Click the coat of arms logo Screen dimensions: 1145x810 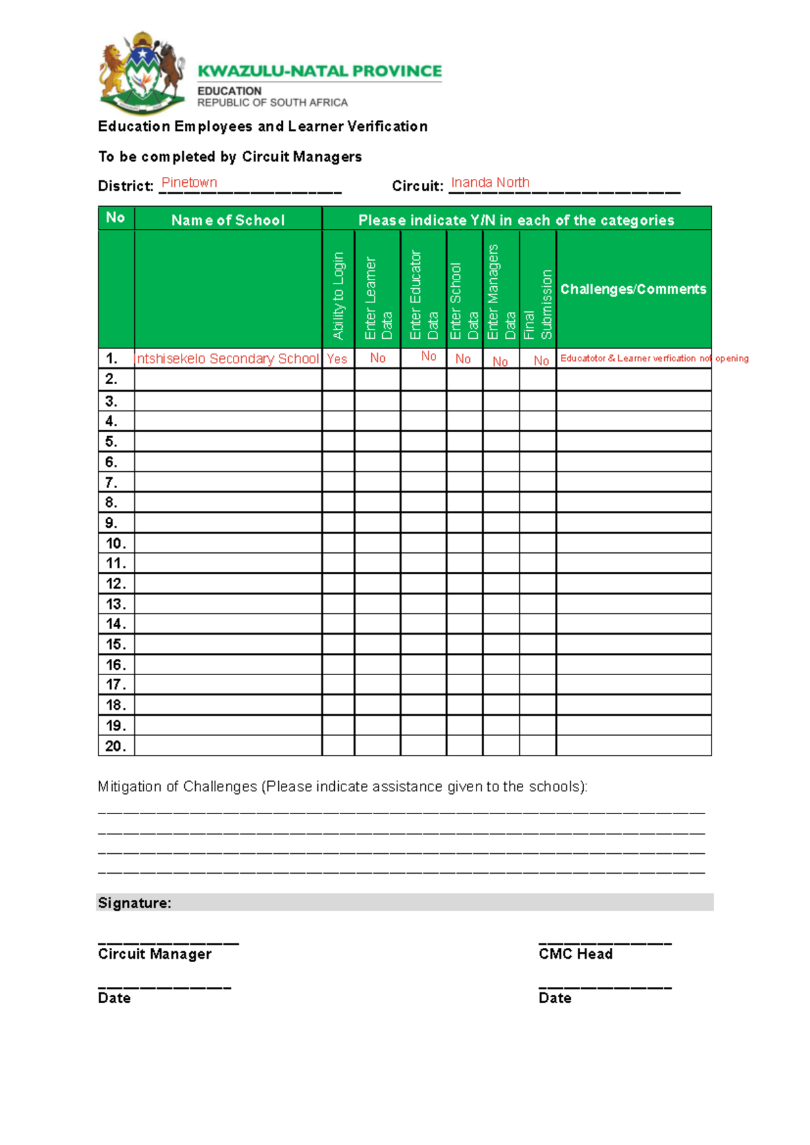point(142,73)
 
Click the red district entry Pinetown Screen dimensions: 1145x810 point(189,183)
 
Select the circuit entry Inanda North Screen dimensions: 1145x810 point(490,183)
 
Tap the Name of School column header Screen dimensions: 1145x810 point(227,220)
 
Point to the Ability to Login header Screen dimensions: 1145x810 point(338,295)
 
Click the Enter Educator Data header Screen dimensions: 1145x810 point(423,295)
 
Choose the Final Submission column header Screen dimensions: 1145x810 point(538,304)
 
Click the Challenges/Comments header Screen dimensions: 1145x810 point(633,289)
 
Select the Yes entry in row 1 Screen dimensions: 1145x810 point(337,359)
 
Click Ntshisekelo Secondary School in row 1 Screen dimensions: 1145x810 point(227,359)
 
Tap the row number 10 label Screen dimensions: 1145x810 point(115,543)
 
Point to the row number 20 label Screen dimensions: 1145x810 point(115,746)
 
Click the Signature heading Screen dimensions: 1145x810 point(134,903)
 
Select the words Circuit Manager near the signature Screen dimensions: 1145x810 point(155,954)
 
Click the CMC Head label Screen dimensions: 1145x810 point(576,954)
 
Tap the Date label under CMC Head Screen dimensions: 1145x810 point(555,998)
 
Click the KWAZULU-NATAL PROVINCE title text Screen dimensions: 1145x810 point(319,72)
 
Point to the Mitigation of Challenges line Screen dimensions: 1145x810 point(342,787)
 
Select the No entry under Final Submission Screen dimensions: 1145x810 point(541,361)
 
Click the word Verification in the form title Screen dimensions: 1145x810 point(387,126)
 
